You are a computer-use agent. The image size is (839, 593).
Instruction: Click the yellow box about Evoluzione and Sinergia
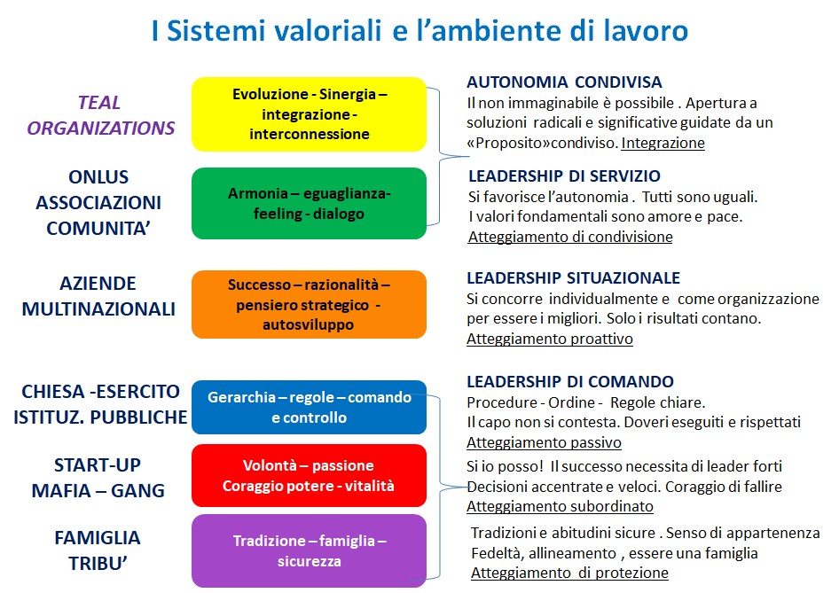309,113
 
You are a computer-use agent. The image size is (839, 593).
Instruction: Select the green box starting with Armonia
309,203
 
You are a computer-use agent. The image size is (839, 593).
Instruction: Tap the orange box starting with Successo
309,304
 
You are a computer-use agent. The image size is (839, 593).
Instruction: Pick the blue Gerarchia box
309,407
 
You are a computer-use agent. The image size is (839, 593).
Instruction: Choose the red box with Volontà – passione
309,475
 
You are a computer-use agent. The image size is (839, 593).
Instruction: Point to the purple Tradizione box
309,550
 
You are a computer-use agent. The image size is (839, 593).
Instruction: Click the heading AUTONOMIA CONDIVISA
564,82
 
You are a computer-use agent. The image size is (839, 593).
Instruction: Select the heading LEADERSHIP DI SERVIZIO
564,176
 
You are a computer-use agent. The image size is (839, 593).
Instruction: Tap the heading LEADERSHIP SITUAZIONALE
573,278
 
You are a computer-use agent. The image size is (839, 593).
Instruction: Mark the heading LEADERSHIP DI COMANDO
570,382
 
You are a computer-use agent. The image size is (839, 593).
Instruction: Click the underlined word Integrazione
663,144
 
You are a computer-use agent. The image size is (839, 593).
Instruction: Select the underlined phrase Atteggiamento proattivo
550,339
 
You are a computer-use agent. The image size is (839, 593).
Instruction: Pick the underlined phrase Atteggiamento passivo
544,442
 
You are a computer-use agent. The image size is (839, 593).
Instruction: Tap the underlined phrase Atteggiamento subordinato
560,506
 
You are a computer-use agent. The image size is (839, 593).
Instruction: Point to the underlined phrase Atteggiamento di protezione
569,573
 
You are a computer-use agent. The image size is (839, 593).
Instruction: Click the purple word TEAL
99,103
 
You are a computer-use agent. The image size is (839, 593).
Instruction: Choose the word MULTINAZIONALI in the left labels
98,309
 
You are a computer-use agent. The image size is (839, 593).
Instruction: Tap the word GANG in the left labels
137,491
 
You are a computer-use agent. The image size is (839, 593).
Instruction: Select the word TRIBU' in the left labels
98,564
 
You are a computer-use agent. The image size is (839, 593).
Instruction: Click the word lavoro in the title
646,30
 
